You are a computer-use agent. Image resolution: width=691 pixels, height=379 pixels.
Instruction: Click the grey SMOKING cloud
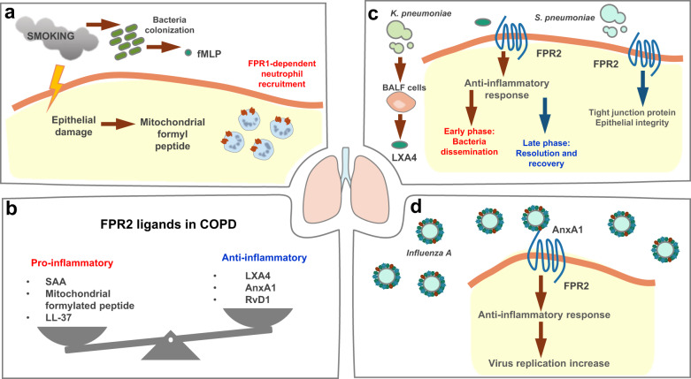pos(58,36)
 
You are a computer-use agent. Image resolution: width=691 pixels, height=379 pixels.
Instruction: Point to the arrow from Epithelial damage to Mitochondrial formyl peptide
pos(117,125)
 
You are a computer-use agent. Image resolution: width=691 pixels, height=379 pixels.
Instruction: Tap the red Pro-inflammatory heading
pos(72,263)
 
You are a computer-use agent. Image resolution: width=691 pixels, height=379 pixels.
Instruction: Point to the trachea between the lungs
pos(345,163)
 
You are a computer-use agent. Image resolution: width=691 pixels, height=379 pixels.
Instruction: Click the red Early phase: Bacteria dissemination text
pos(471,141)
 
